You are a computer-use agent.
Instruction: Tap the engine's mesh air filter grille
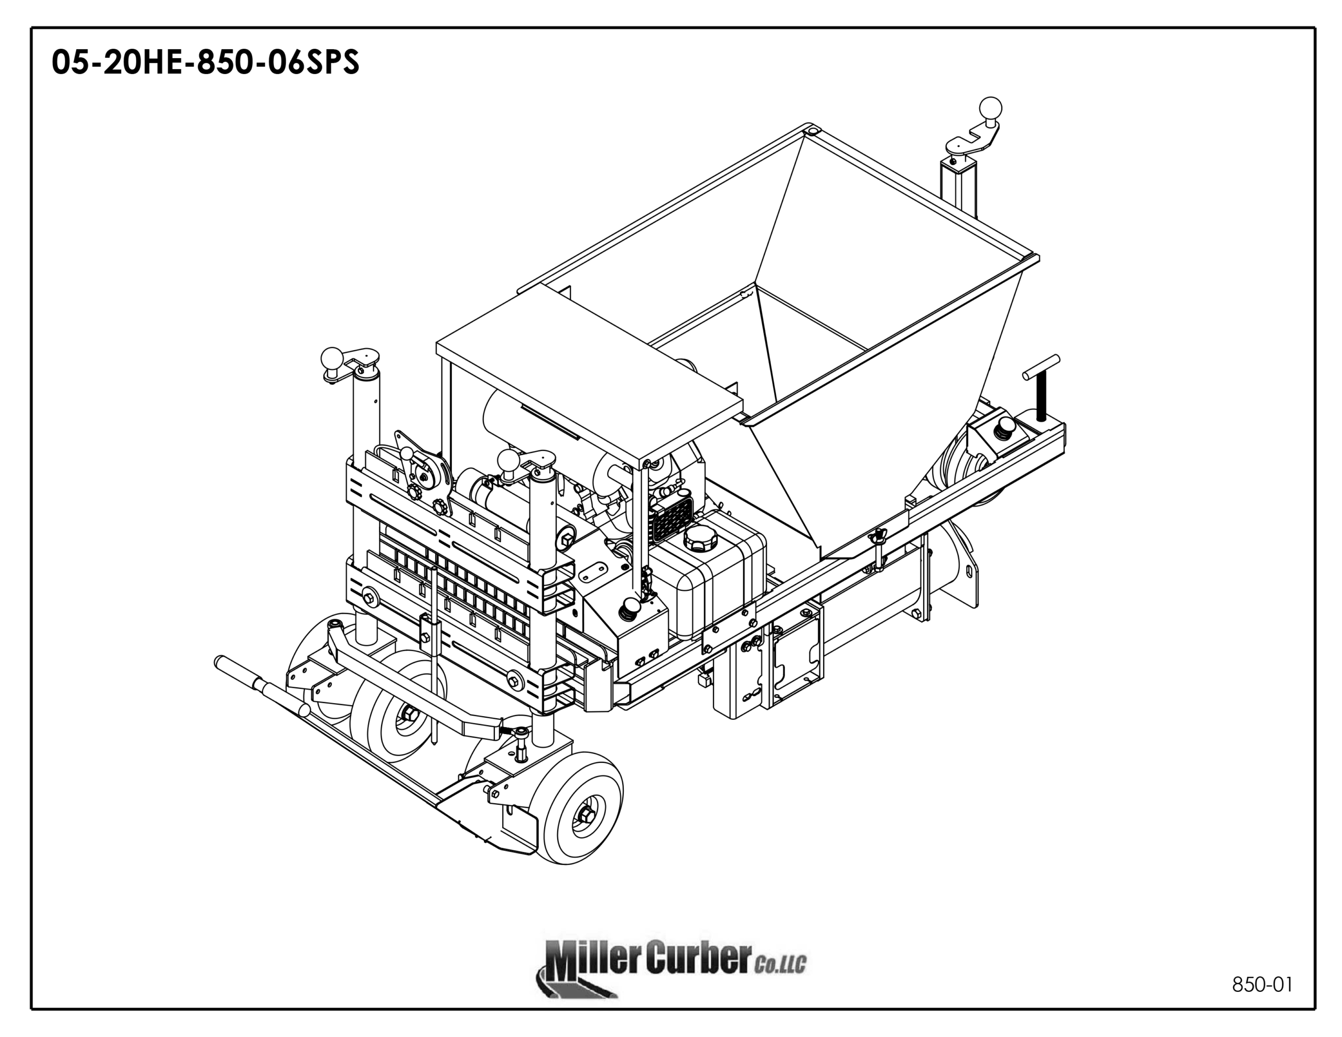click(674, 522)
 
